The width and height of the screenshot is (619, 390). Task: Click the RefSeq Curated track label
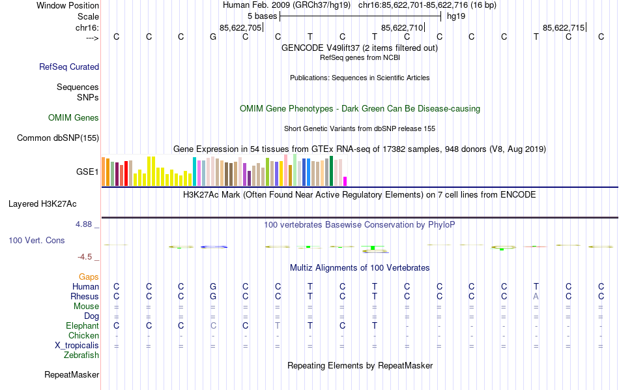pos(69,67)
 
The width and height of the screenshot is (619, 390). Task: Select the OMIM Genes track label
pos(74,118)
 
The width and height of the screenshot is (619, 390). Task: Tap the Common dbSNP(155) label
pos(58,138)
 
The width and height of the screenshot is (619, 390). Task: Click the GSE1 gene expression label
pos(87,172)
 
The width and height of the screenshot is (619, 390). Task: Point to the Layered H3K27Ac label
pos(53,203)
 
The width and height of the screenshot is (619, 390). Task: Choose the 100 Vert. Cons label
pos(36,241)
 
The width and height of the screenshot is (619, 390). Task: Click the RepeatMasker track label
pos(72,375)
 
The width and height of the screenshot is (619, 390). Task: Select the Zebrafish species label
pos(81,355)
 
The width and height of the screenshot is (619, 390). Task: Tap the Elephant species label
pos(82,326)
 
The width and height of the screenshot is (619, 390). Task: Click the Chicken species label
pos(83,336)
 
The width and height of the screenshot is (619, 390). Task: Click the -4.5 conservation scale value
pos(87,257)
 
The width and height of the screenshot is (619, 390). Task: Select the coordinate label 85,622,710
pos(402,27)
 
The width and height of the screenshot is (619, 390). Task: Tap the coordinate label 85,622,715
pos(564,27)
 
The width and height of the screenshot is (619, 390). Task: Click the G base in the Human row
pos(213,287)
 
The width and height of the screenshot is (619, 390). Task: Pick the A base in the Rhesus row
pos(536,297)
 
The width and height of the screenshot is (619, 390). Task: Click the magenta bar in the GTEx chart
pos(345,181)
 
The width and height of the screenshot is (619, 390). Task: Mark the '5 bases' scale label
pos(262,15)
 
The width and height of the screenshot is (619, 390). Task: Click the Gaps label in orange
pos(89,277)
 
